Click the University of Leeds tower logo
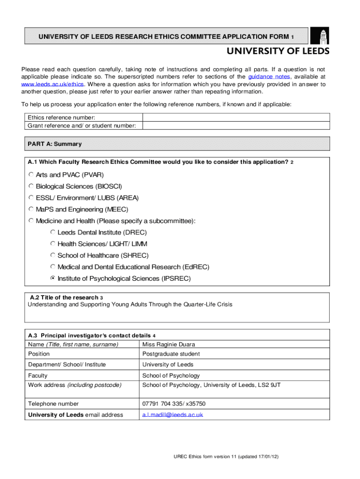coord(323,36)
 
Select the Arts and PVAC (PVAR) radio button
coord(31,174)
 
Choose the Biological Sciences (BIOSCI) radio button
coord(31,186)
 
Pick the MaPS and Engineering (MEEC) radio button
coord(31,209)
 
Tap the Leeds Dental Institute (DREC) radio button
coord(53,232)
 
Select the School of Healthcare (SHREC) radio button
coord(53,255)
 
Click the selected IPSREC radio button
coord(53,278)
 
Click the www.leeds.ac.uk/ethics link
coord(53,84)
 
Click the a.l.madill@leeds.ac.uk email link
coord(173,414)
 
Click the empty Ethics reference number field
coord(236,117)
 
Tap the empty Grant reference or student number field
coord(236,125)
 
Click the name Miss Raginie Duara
coord(169,344)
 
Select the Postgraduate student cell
coord(171,354)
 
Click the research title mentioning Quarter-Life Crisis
coord(130,305)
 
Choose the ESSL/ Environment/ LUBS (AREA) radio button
coord(31,197)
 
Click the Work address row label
coord(74,385)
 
